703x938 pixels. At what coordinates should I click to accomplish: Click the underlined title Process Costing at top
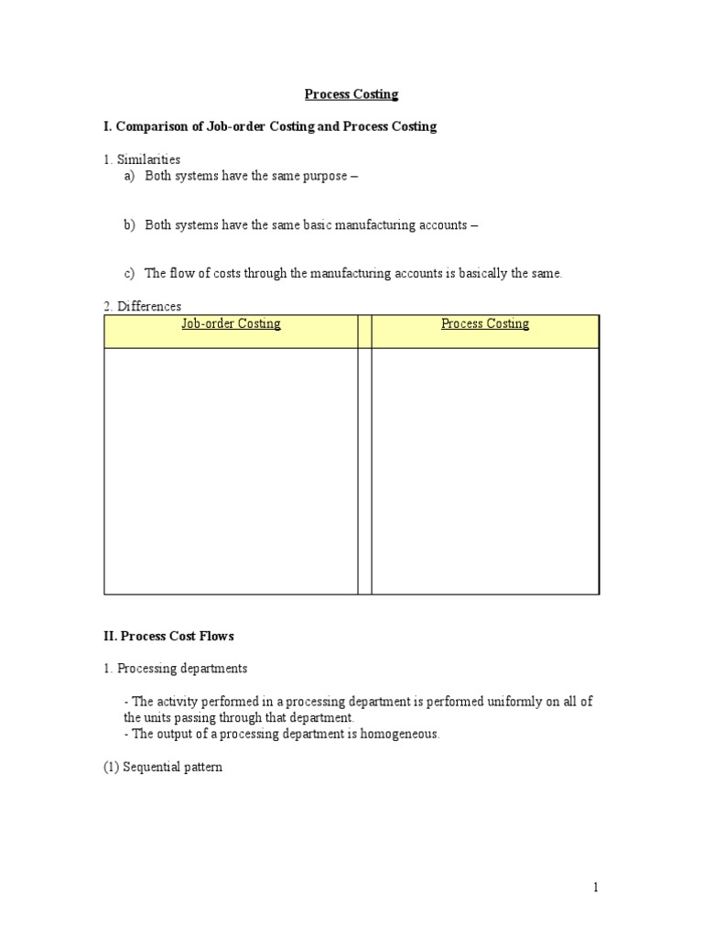point(351,94)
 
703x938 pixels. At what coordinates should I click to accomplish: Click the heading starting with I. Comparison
point(270,126)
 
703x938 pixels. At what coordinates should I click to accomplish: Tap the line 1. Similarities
point(142,159)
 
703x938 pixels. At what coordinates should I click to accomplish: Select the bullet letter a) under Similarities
point(130,176)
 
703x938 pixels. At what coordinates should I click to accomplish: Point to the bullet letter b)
point(130,224)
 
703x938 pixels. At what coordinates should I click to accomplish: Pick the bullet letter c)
point(129,273)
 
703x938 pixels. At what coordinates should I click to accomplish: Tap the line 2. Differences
point(142,306)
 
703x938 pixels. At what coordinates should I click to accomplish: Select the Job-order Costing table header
point(231,323)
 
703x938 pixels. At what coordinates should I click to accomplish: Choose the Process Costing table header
point(485,323)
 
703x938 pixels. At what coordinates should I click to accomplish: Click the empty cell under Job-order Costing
point(231,471)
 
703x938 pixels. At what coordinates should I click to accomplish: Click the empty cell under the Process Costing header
point(485,471)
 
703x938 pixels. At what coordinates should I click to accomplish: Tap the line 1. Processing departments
point(175,669)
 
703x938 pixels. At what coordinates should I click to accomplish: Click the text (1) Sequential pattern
point(162,768)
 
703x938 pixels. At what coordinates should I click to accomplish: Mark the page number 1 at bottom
point(595,887)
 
